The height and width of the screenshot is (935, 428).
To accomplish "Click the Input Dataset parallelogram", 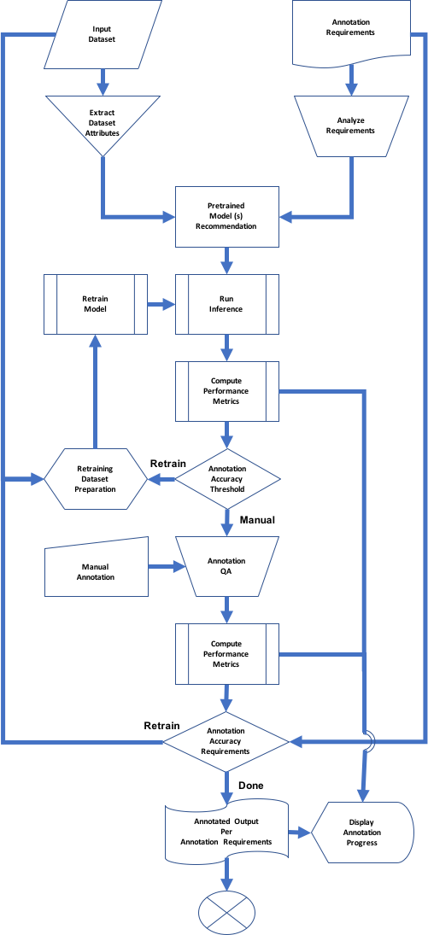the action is coord(103,35).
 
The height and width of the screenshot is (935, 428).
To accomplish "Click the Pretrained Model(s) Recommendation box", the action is coord(227,216).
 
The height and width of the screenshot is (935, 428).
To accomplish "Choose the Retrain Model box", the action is coord(96,304).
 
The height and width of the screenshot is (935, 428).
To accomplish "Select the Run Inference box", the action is coord(227,304).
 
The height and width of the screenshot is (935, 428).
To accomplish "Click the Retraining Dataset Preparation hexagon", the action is coord(96,479).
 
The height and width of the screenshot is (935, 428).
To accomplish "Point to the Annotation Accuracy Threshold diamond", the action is coord(227,479).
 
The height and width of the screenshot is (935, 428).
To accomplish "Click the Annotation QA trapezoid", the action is coord(227,566).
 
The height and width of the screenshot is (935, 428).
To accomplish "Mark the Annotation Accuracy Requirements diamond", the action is coord(227,742).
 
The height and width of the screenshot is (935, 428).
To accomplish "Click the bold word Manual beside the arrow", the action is coord(257,520).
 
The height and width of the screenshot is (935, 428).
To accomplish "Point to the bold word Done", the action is coord(250,786).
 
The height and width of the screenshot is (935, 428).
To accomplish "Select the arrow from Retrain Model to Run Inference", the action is coord(161,304).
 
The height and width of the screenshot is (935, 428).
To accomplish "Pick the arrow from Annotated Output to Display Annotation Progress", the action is coord(300,832).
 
